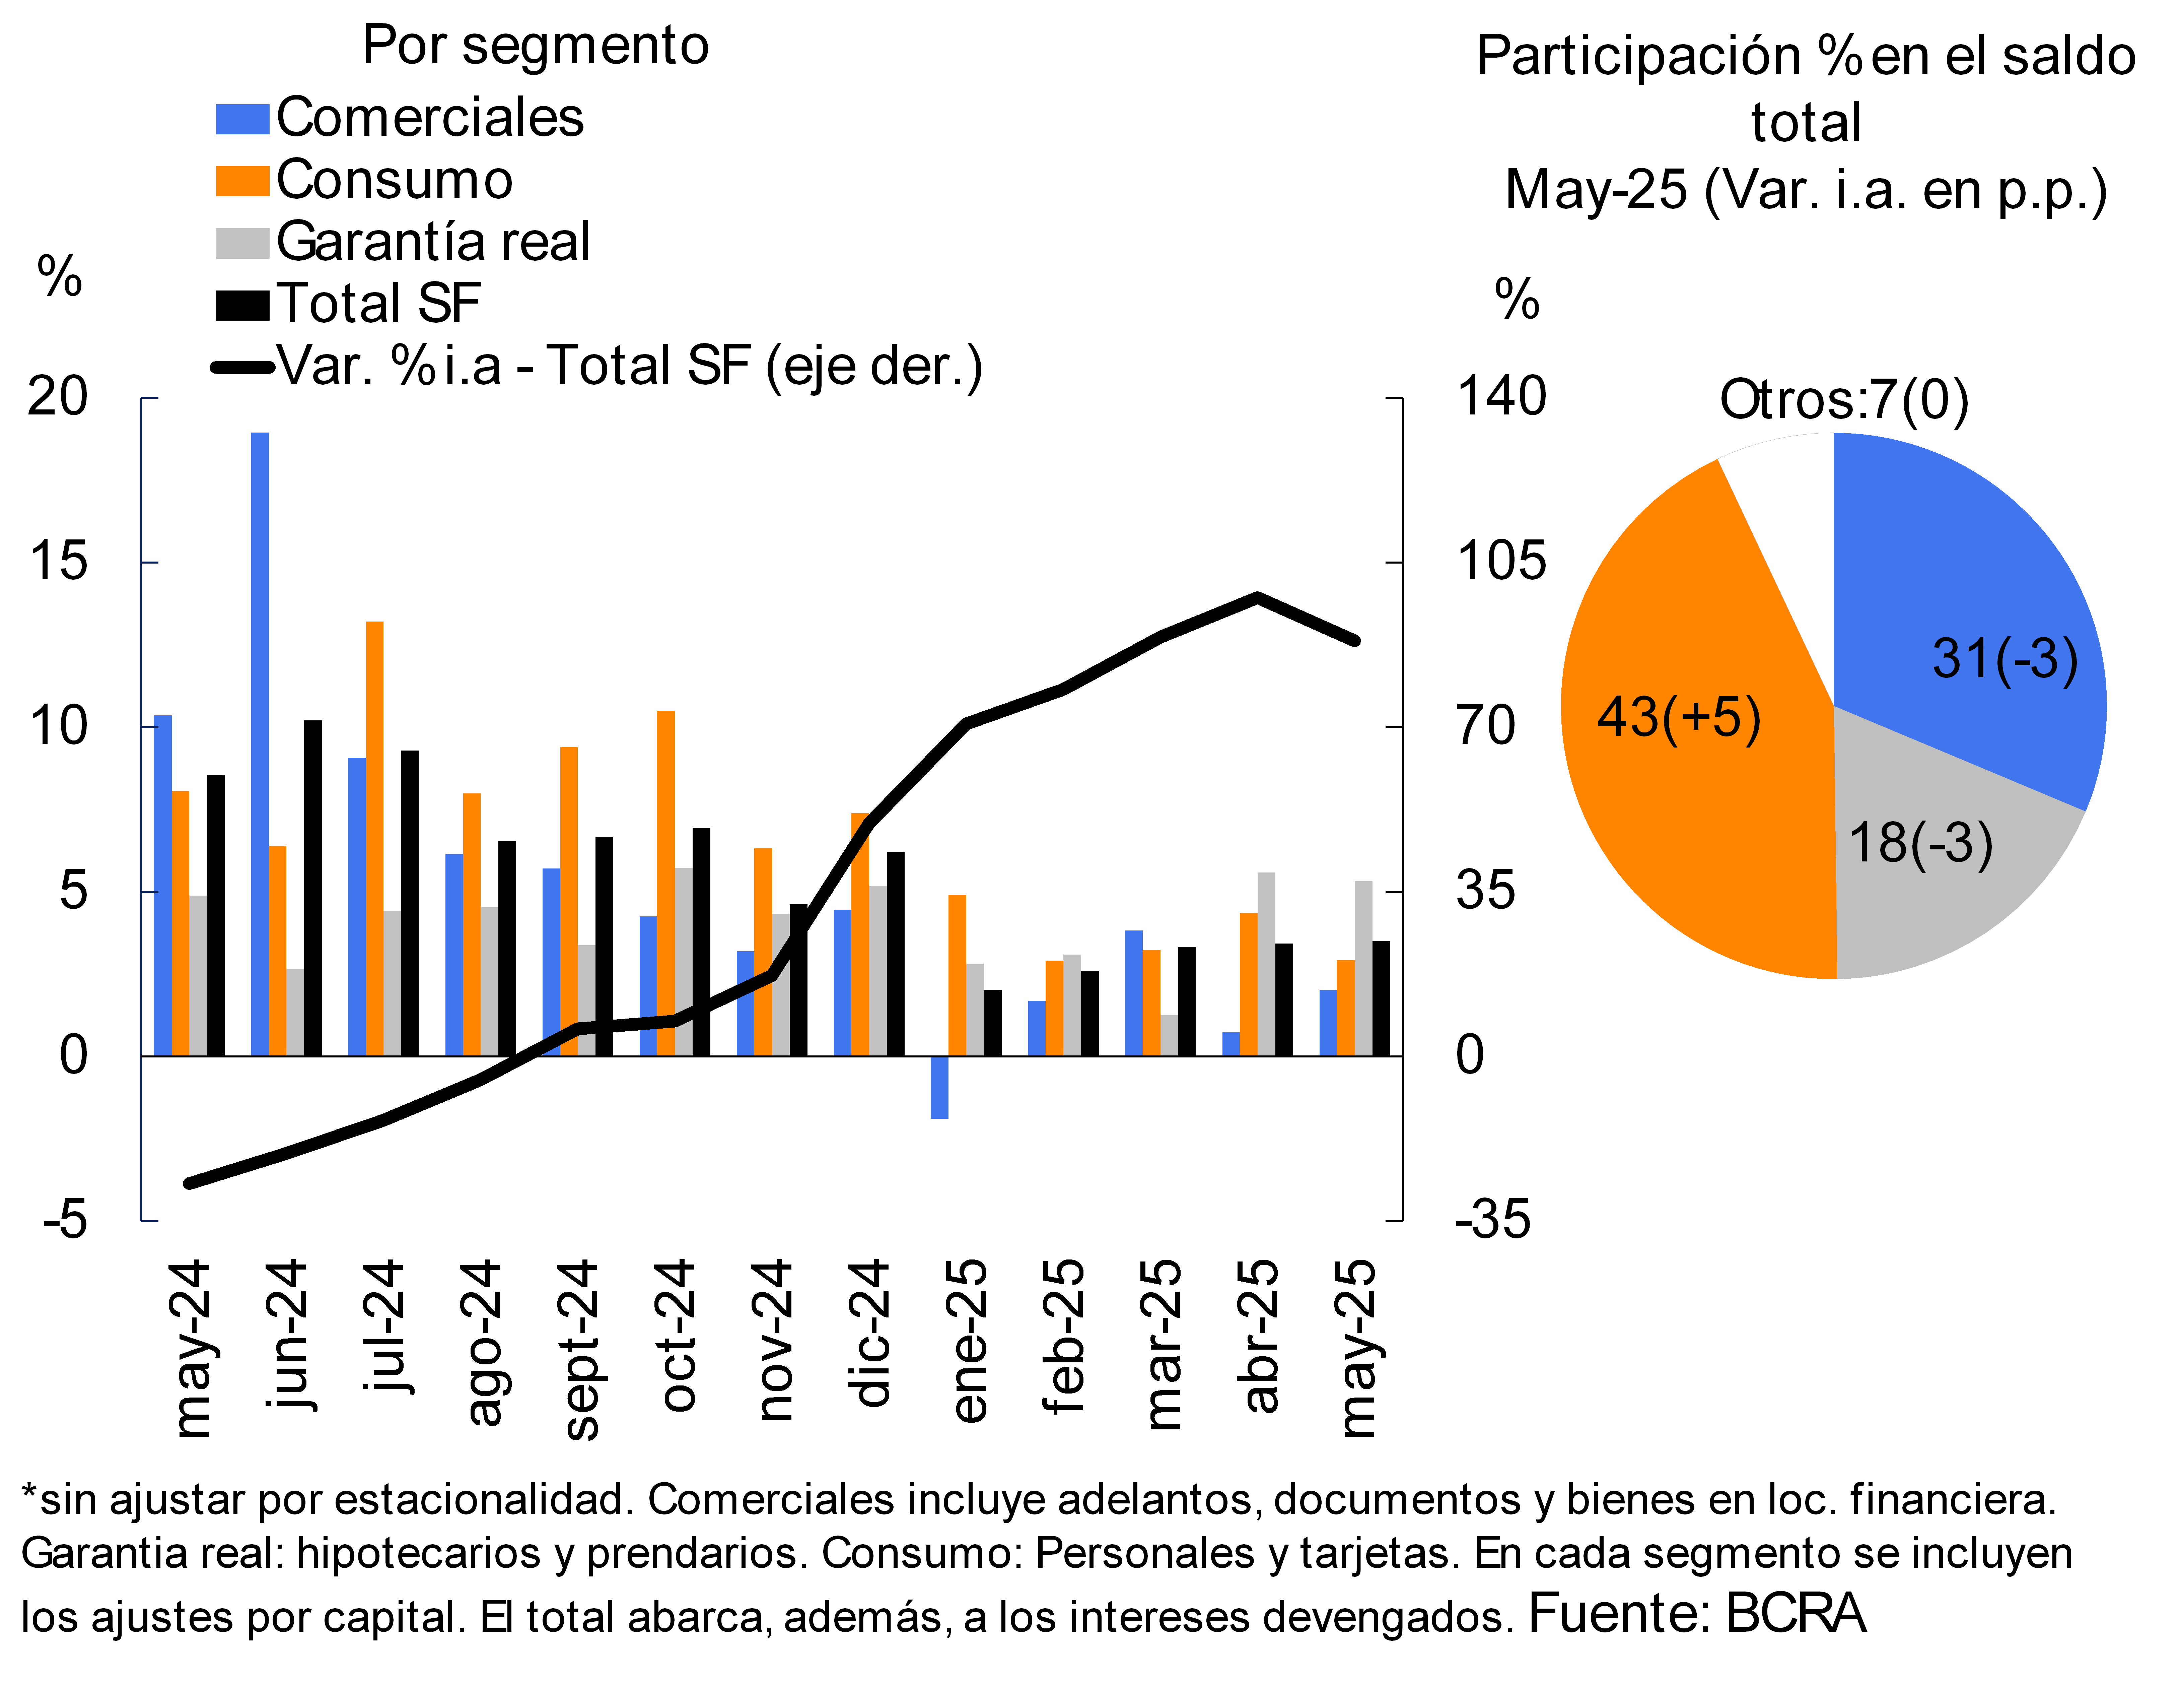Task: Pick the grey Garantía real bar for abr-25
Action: click(x=1266, y=964)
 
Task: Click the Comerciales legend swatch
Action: click(x=242, y=119)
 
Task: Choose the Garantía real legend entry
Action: click(x=432, y=242)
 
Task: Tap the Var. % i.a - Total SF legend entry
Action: click(x=629, y=366)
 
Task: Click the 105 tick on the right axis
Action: click(x=1501, y=561)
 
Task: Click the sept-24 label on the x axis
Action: click(x=581, y=1348)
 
